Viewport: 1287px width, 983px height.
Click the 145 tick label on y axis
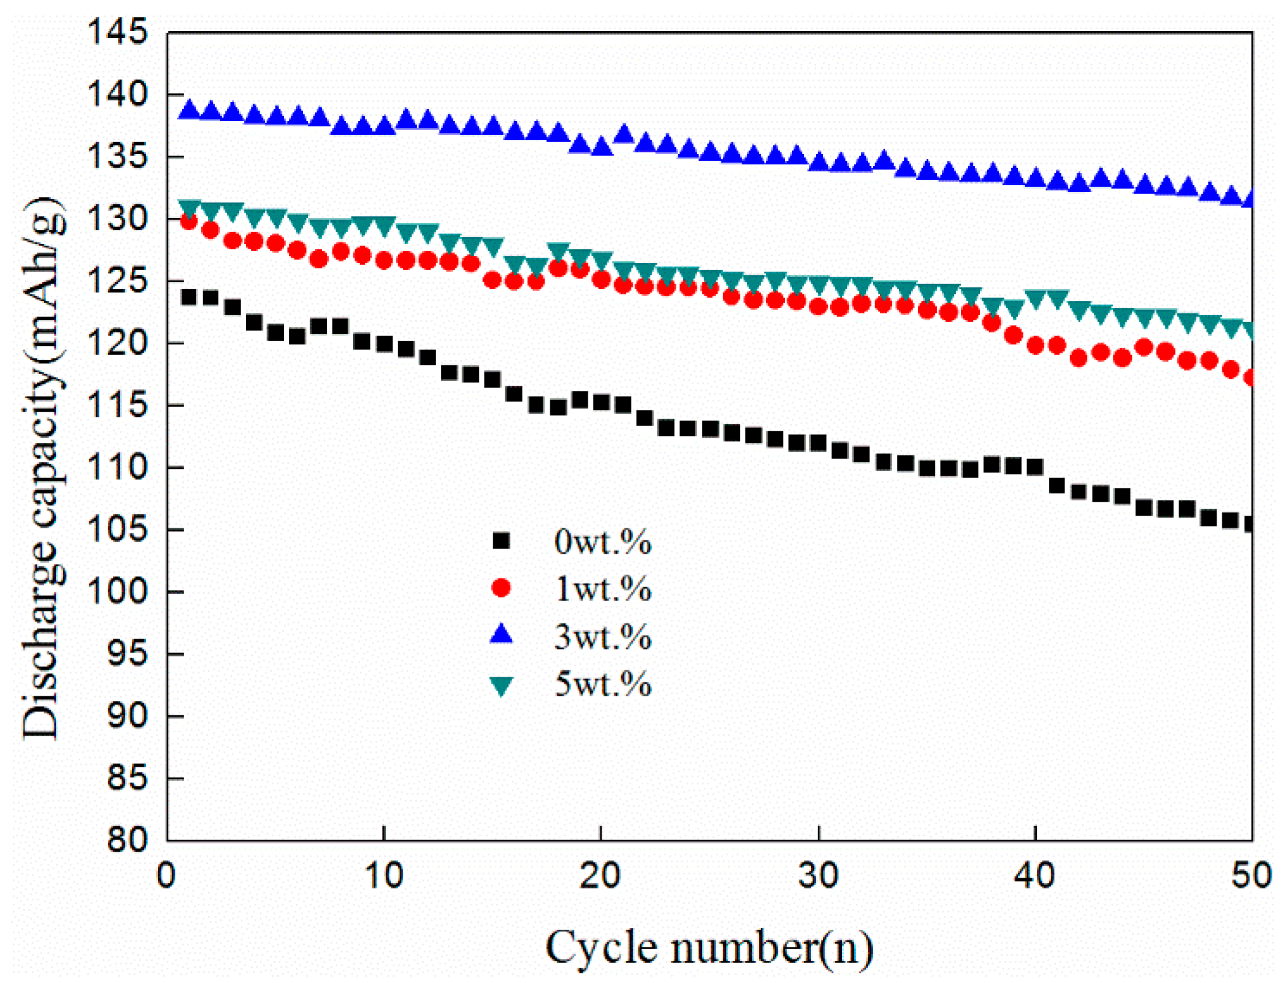tap(117, 32)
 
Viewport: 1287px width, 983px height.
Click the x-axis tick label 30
tap(818, 876)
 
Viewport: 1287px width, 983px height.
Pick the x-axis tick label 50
tap(1251, 876)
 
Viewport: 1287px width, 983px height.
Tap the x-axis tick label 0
tap(167, 876)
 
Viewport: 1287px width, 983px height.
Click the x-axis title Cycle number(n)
tap(709, 947)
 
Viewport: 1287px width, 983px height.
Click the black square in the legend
tap(501, 541)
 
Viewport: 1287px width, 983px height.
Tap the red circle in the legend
tap(501, 588)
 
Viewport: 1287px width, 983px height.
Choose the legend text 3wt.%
tap(602, 636)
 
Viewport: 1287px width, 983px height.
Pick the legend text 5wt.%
tap(602, 684)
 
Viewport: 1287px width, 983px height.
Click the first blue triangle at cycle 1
tap(189, 110)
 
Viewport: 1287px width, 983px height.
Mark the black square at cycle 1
tap(189, 297)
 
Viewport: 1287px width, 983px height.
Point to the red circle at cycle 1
tap(189, 221)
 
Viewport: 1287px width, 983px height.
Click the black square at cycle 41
tap(1056, 486)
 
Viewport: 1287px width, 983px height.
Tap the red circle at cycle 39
tap(1013, 335)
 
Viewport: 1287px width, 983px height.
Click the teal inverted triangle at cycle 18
tap(558, 252)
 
